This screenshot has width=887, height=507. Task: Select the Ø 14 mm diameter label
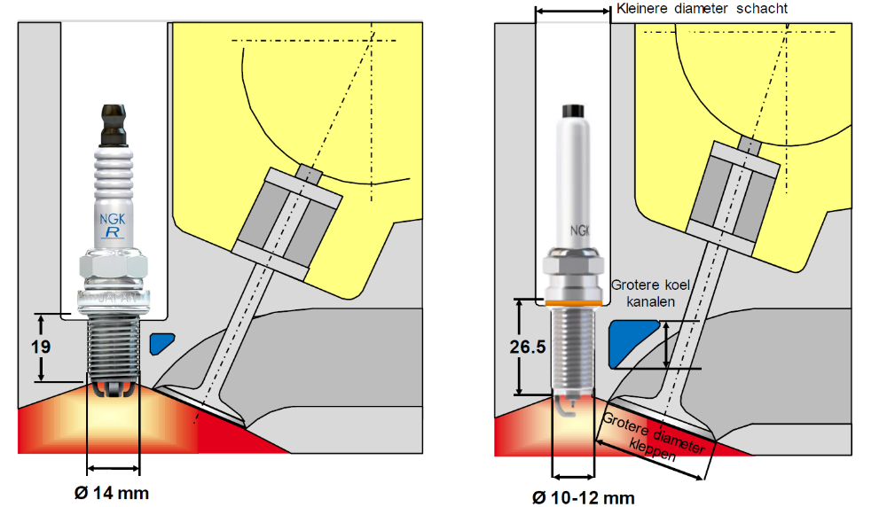click(113, 492)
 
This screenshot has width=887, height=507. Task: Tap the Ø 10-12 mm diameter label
click(583, 497)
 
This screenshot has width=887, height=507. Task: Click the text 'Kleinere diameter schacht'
click(702, 9)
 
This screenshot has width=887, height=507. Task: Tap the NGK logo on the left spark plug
click(113, 216)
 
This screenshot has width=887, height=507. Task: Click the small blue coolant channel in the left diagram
click(162, 343)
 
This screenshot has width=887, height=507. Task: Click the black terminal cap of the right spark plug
click(573, 111)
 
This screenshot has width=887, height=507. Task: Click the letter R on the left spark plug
click(113, 233)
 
